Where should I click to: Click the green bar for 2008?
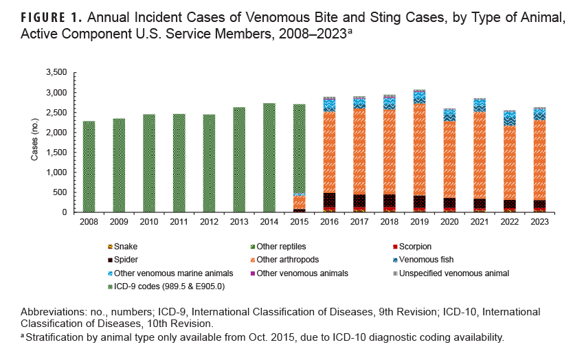click(x=89, y=167)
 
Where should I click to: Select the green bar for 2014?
click(x=269, y=158)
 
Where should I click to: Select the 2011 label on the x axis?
click(x=179, y=222)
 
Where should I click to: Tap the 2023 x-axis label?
click(x=539, y=222)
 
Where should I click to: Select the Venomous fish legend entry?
click(x=424, y=260)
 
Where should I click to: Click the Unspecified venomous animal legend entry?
click(x=450, y=273)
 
